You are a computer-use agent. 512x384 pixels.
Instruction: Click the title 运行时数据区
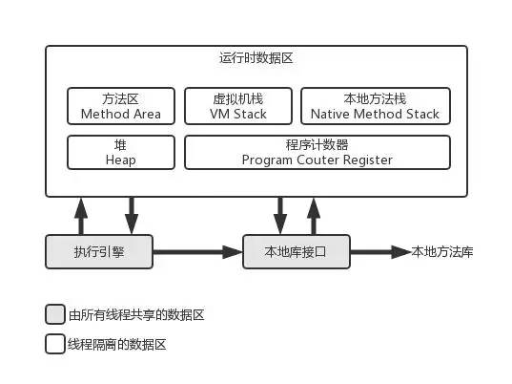click(x=256, y=58)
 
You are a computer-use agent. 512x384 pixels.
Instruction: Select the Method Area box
click(x=121, y=106)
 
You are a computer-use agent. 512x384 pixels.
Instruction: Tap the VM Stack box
click(x=238, y=106)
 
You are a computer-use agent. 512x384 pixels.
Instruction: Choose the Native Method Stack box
click(x=376, y=106)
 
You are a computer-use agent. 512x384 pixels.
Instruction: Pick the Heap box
click(x=121, y=153)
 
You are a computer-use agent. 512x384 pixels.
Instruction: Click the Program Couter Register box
click(x=317, y=153)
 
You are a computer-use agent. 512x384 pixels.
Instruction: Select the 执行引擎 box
click(x=99, y=252)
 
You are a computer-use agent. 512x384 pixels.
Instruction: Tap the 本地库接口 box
click(x=297, y=252)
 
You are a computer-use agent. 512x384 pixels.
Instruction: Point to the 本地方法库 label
click(x=442, y=252)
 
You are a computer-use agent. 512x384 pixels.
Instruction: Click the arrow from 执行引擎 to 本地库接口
click(x=198, y=252)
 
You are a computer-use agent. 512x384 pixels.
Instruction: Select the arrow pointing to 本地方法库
click(x=380, y=252)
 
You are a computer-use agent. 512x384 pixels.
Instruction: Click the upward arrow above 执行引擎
click(x=81, y=216)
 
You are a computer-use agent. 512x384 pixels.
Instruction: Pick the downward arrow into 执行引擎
click(x=132, y=216)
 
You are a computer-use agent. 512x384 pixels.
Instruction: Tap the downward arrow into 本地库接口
click(x=280, y=216)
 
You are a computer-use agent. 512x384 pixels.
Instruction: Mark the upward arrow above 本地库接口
click(x=314, y=216)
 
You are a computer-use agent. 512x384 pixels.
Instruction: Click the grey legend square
click(x=55, y=314)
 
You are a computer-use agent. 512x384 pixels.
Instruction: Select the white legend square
click(x=55, y=344)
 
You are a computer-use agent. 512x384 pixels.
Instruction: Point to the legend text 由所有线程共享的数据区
click(x=136, y=314)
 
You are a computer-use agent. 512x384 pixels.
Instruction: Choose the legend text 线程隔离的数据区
click(x=117, y=344)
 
